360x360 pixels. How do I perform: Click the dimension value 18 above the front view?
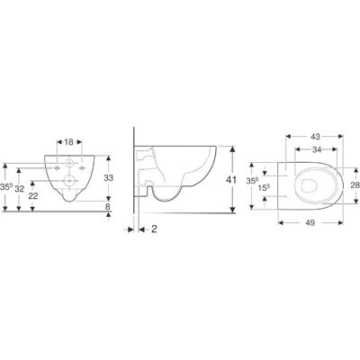(x=69, y=142)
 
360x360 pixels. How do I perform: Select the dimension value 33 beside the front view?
(x=108, y=178)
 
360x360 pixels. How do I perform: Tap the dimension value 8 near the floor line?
(x=108, y=206)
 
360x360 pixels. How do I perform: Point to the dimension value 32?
(x=19, y=189)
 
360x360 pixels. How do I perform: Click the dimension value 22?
(x=33, y=196)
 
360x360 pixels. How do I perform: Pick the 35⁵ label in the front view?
(x=6, y=186)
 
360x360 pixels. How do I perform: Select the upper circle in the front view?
(x=69, y=163)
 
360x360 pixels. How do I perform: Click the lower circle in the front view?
(x=69, y=181)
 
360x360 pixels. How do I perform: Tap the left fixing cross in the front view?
(x=57, y=168)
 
